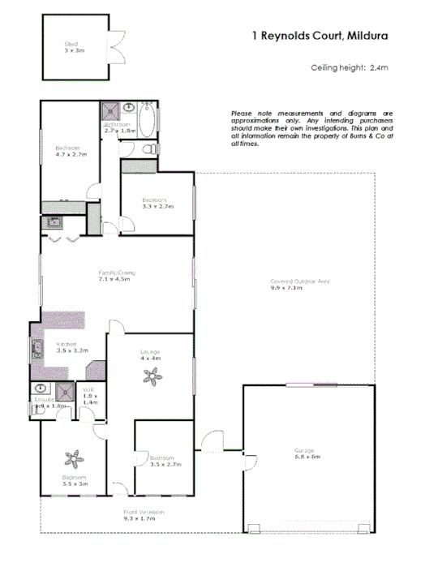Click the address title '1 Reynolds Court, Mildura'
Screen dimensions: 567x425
319,36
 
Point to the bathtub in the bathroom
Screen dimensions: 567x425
148,119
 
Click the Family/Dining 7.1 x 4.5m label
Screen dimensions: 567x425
115,276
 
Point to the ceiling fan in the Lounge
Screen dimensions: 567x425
151,375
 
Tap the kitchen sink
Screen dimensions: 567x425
37,350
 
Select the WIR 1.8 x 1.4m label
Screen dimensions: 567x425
89,397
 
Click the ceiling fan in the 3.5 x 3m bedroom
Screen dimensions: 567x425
75,458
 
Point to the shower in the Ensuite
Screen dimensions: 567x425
40,389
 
